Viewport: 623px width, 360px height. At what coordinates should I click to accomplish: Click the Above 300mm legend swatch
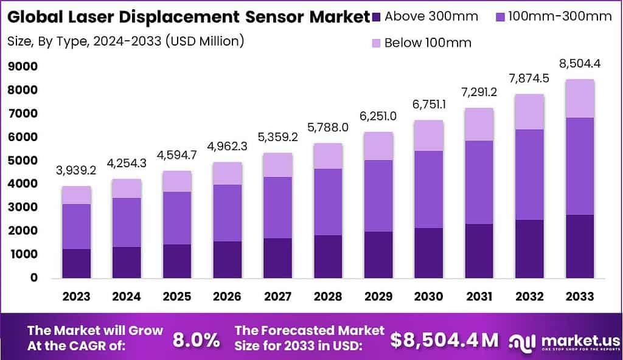pos(377,16)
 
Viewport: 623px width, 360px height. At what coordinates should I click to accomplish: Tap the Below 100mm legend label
pos(428,43)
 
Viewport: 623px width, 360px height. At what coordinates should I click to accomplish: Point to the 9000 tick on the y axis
pos(23,66)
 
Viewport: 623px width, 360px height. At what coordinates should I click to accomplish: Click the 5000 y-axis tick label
pos(23,161)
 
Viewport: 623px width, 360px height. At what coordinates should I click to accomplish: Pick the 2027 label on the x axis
pos(277,297)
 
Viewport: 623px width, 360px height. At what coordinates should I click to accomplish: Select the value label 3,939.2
pos(76,171)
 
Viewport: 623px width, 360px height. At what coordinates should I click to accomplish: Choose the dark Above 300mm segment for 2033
pos(579,246)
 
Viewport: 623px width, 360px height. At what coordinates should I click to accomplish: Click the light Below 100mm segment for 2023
pos(76,195)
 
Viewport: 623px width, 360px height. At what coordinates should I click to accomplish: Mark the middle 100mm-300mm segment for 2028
pos(329,202)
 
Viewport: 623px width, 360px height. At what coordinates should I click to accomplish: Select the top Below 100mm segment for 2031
pos(479,125)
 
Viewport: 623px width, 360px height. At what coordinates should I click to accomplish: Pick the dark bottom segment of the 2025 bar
pos(178,261)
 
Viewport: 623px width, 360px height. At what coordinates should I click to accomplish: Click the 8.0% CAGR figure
pos(197,340)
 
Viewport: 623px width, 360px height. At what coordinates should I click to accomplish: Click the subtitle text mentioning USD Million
pos(125,41)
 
